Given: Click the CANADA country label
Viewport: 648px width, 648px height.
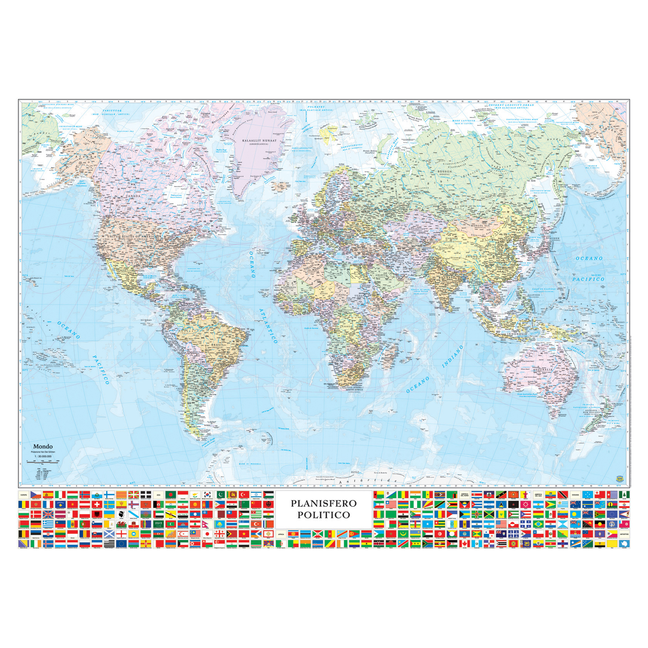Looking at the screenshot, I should (133, 196).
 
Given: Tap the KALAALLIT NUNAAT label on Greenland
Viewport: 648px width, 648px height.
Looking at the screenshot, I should (260, 141).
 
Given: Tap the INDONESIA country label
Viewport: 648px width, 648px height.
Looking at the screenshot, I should (517, 334).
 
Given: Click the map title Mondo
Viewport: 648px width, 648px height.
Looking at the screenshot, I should (42, 446).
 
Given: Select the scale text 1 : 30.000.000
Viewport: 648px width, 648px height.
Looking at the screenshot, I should (42, 457).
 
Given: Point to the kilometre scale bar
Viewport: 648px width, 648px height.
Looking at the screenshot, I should (42, 462).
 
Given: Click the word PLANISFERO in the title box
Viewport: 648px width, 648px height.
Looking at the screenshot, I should (323, 503).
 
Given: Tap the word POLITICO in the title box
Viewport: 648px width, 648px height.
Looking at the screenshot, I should (323, 515).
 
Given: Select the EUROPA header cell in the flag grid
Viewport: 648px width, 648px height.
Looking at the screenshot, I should (24, 495).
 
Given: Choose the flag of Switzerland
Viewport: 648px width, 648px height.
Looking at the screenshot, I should (97, 504).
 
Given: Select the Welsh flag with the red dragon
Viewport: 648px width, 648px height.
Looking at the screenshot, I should (121, 524).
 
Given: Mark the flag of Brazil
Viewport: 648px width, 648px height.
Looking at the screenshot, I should (539, 524).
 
